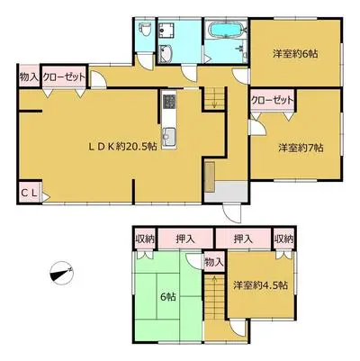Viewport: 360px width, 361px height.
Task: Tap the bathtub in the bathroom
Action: pos(226,30)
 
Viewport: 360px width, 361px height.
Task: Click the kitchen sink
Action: pos(169,135)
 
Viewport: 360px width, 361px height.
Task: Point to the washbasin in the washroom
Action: pos(164,53)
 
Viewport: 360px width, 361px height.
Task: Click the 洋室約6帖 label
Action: pos(295,54)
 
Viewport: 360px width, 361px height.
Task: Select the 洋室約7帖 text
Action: pos(301,148)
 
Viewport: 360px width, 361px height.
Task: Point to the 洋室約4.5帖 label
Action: pos(261,284)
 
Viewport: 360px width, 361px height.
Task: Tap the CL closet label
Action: pos(29,192)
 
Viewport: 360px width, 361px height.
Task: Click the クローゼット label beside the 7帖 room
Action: pos(272,100)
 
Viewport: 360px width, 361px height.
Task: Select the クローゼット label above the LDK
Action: pos(64,77)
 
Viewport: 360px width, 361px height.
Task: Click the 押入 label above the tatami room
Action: pos(185,239)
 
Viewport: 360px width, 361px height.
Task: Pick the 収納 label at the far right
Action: pos(283,239)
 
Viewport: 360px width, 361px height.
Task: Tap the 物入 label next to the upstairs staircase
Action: pos(214,262)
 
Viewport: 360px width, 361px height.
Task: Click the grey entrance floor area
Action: pos(227,192)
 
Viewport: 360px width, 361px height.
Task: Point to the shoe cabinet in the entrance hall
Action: pos(210,177)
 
